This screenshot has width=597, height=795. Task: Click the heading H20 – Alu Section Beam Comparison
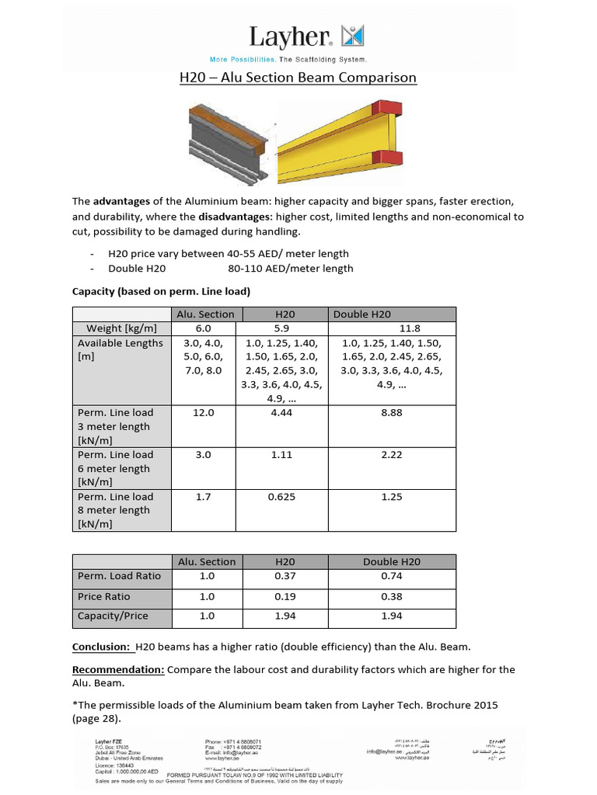point(299,78)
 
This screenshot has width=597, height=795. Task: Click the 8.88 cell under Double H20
point(392,413)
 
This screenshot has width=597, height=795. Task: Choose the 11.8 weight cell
point(392,328)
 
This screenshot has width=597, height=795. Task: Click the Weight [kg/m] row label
point(122,328)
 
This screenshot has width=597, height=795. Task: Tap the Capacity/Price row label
point(113,616)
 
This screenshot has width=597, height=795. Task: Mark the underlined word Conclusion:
point(101,647)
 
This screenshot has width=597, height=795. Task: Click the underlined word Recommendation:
point(118,669)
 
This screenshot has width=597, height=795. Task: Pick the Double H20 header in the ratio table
point(392,561)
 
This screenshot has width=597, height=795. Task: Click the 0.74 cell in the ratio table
point(392,576)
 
